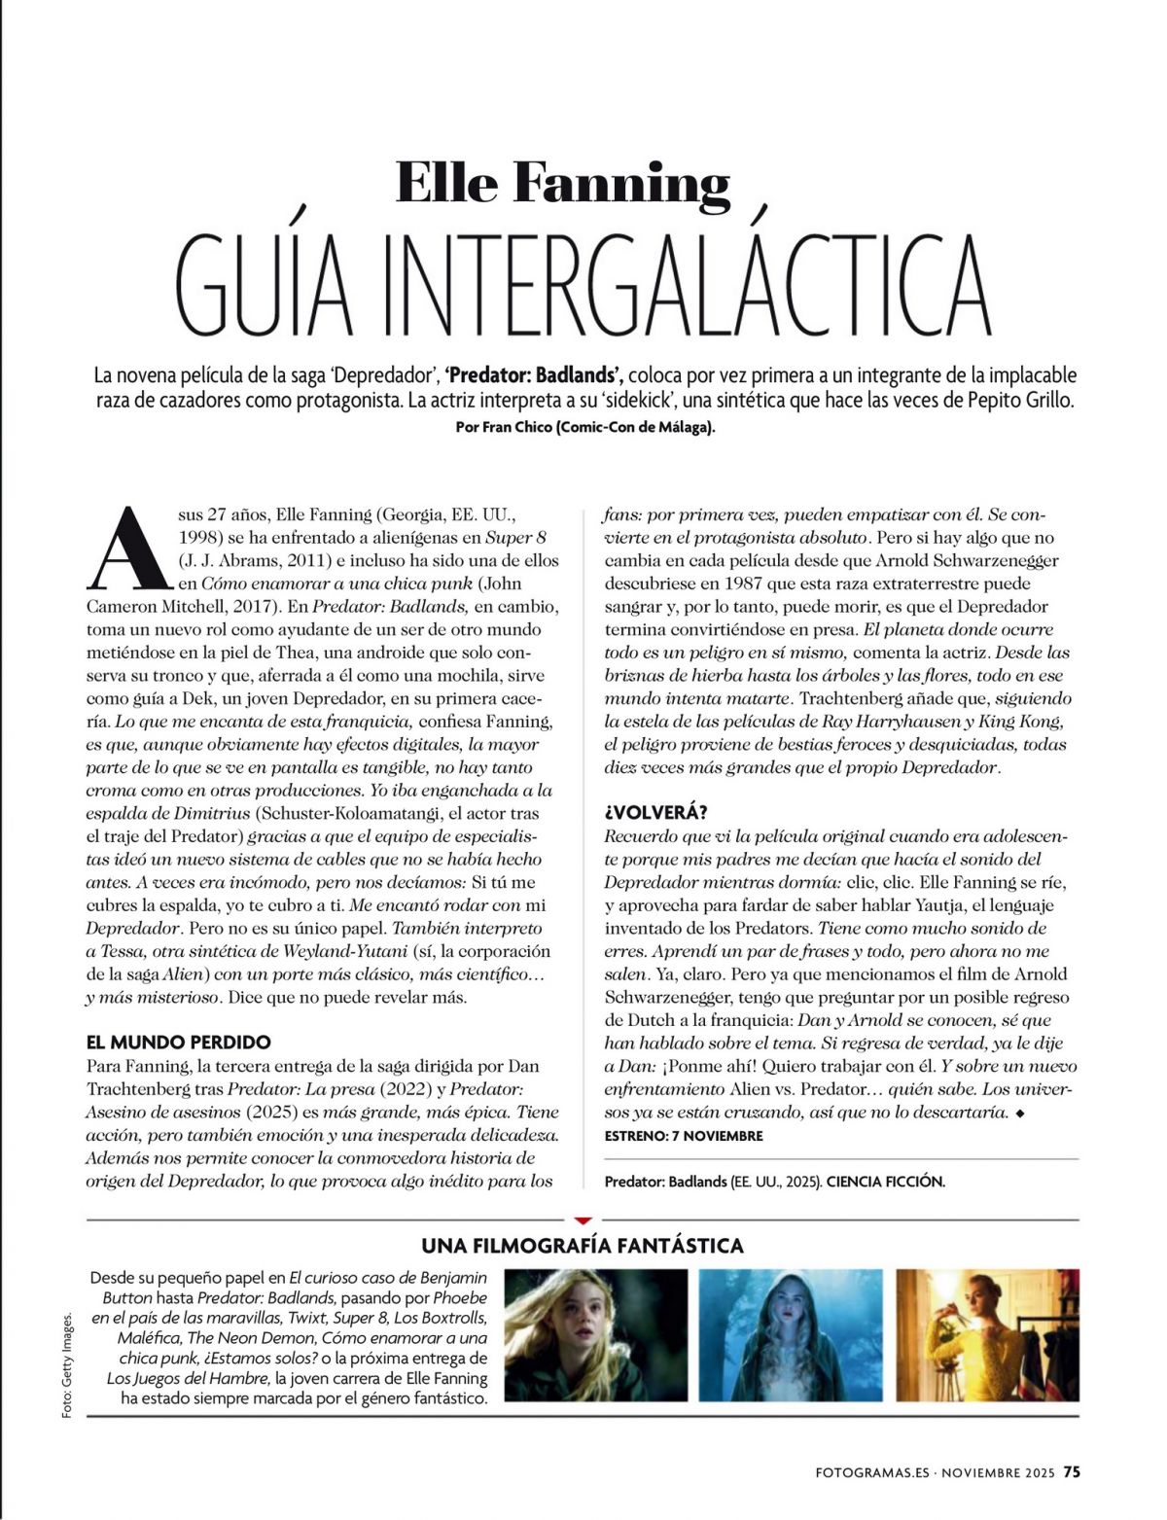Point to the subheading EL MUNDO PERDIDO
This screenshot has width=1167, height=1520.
[x=178, y=1042]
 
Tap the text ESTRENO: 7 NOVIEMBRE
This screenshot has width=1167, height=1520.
[x=684, y=1135]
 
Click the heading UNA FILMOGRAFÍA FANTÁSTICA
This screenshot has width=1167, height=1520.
[x=583, y=1245]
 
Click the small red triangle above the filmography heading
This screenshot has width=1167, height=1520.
[x=583, y=1219]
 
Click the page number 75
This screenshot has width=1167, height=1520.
[x=1071, y=1471]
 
